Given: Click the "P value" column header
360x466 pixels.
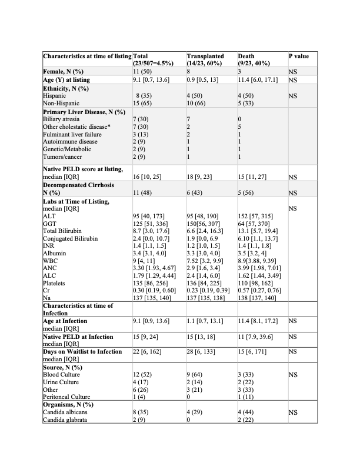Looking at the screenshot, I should click(x=299, y=56).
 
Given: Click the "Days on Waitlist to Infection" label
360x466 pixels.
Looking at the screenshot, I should click(x=82, y=351).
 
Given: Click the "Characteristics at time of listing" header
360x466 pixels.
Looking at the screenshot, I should click(x=88, y=56).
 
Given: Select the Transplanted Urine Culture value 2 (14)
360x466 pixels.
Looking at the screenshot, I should click(x=195, y=382).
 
